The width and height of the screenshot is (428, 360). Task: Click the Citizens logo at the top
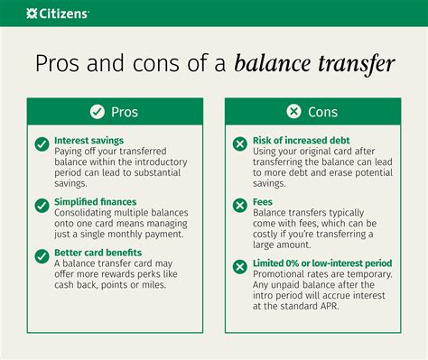point(57,13)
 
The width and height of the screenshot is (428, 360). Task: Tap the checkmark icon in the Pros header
point(97,112)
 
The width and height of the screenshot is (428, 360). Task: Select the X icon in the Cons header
point(293,112)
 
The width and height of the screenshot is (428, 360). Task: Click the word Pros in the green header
point(124,112)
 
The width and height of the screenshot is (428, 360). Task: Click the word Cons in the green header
point(321,112)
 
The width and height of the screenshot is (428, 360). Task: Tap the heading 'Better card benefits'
point(98,253)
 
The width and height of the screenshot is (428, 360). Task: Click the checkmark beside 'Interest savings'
point(42,143)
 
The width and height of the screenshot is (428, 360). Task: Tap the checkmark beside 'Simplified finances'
point(42,206)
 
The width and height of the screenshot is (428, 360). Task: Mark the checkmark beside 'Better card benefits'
point(42,254)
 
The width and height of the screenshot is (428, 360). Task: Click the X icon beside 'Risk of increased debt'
point(239,143)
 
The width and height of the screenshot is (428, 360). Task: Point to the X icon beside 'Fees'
point(239,206)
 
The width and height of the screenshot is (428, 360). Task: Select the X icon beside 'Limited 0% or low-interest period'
point(239,266)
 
